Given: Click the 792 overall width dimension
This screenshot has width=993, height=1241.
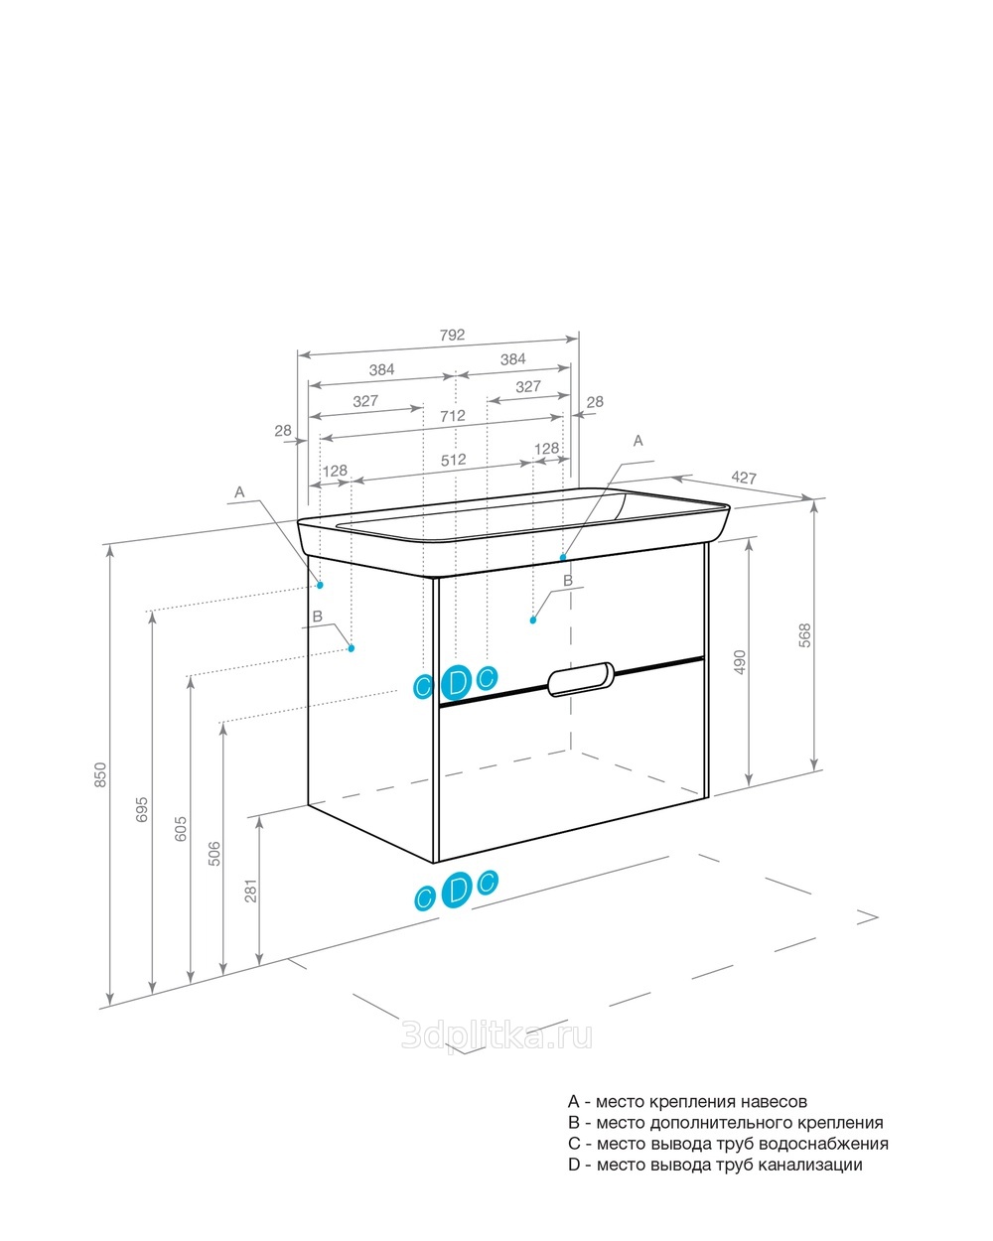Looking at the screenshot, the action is pos(452,335).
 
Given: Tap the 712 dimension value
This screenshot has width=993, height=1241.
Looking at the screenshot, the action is pos(453,416).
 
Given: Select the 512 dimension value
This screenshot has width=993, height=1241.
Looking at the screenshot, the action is pos(453,460).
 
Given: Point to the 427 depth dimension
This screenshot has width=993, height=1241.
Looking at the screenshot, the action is pos(744,478).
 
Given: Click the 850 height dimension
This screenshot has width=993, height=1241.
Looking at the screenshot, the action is pos(100,775).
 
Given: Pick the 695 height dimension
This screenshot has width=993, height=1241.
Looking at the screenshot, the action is pos(142,810).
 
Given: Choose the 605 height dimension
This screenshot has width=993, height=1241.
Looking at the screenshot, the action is pos(181,829).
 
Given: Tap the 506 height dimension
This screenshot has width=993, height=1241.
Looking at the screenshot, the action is pos(214,854).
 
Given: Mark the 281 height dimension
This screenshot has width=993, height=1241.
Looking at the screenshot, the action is pos(251,891).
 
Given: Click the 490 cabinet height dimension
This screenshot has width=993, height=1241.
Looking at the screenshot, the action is pos(740,662).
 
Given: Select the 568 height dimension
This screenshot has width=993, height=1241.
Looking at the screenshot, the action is pos(805,635).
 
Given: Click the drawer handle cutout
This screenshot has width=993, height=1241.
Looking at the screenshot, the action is pos(580,679).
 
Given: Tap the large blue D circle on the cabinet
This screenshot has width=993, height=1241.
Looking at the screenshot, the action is pos(457,683).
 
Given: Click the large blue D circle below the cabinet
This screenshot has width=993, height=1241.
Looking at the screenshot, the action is pos(457,890).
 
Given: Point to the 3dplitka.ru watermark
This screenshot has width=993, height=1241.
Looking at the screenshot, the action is pos(496,1036).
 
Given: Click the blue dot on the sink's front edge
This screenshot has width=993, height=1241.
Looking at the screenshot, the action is pos(563,557).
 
